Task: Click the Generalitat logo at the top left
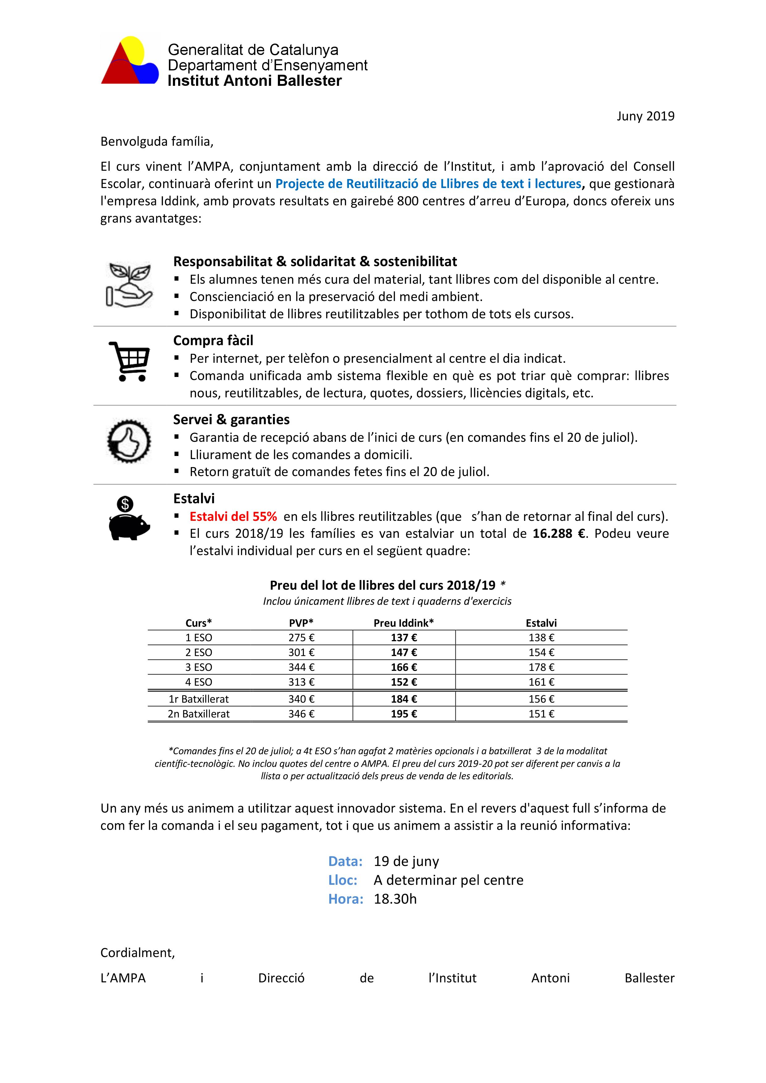click(x=130, y=61)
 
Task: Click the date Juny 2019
click(x=645, y=116)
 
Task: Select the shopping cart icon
click(x=129, y=361)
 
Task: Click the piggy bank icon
click(x=129, y=519)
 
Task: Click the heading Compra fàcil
click(x=213, y=341)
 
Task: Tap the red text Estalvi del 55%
click(x=233, y=516)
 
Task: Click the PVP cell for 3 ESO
click(x=301, y=667)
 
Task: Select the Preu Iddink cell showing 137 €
click(x=404, y=638)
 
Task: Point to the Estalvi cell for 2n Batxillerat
click(x=541, y=714)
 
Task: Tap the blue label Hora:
click(x=346, y=899)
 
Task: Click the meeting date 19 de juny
click(x=406, y=861)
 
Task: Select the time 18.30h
click(x=395, y=899)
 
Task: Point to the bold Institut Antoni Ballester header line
click(x=255, y=81)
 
